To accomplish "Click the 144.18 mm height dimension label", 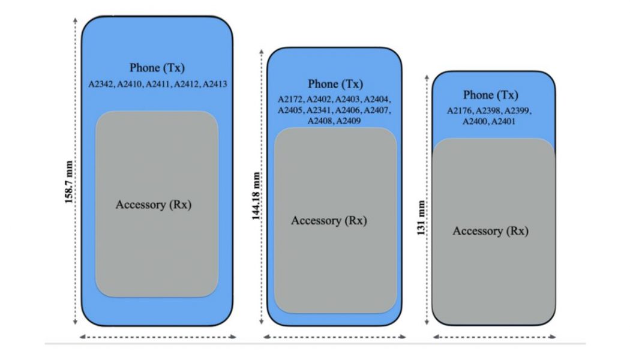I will (x=257, y=197).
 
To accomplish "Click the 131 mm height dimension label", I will (x=422, y=218).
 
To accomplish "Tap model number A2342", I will (x=100, y=85).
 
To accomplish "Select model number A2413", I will (x=215, y=85).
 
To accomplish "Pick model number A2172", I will (x=290, y=100).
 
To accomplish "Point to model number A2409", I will (x=348, y=121).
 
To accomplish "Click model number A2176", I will (x=461, y=111).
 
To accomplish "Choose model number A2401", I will (x=503, y=122).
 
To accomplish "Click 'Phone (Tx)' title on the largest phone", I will (x=157, y=68).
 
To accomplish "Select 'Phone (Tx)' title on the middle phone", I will (x=335, y=84).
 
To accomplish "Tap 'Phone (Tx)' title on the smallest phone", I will (x=490, y=95).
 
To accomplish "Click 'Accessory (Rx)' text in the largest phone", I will (x=157, y=205).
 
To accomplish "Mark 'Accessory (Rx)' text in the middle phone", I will (x=329, y=220).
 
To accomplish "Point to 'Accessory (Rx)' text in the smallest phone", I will (x=490, y=231).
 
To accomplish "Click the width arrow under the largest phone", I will (x=157, y=337).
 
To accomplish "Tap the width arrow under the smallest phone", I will (x=494, y=337).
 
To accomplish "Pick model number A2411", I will (x=157, y=85).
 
